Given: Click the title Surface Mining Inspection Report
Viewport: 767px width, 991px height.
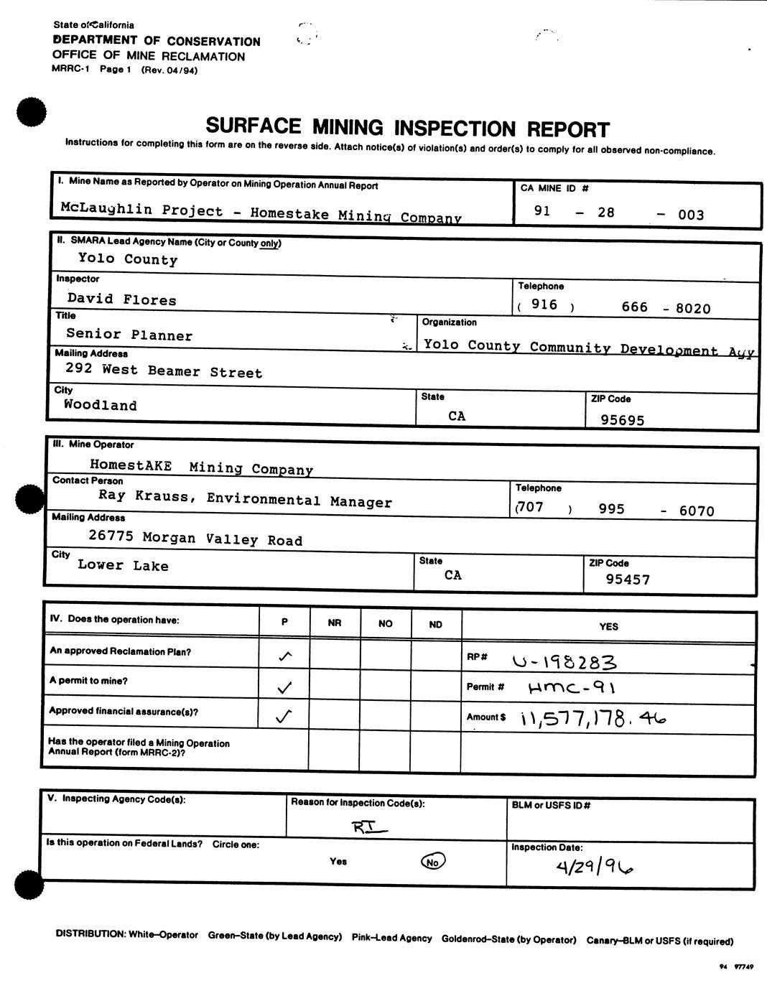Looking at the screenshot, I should [x=407, y=128].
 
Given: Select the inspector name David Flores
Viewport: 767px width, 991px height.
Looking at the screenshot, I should [x=121, y=299].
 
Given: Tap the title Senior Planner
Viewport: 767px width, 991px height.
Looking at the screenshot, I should [x=129, y=335].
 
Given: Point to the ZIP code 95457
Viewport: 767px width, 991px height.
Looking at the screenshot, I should [x=628, y=579].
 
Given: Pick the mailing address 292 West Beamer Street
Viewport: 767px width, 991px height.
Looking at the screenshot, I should [x=164, y=371].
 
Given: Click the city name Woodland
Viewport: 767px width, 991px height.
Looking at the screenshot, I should [x=100, y=404].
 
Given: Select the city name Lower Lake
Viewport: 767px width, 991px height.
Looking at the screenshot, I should [x=123, y=565].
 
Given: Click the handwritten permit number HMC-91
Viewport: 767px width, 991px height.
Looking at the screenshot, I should [x=571, y=687].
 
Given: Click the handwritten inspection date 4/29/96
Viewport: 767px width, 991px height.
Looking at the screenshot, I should [x=595, y=867].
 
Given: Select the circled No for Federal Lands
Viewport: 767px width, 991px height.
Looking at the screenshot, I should [x=432, y=861].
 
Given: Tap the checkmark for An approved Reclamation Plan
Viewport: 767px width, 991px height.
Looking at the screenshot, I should [x=284, y=656].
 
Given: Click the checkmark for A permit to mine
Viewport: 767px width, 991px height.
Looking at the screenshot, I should [x=284, y=687].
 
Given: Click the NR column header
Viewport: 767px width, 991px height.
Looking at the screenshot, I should [x=334, y=623].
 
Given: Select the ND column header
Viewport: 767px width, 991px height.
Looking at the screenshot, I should [x=435, y=624].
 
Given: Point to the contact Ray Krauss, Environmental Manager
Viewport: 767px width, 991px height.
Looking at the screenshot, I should [x=245, y=499].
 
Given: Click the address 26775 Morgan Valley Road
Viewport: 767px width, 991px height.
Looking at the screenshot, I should [x=195, y=538].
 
